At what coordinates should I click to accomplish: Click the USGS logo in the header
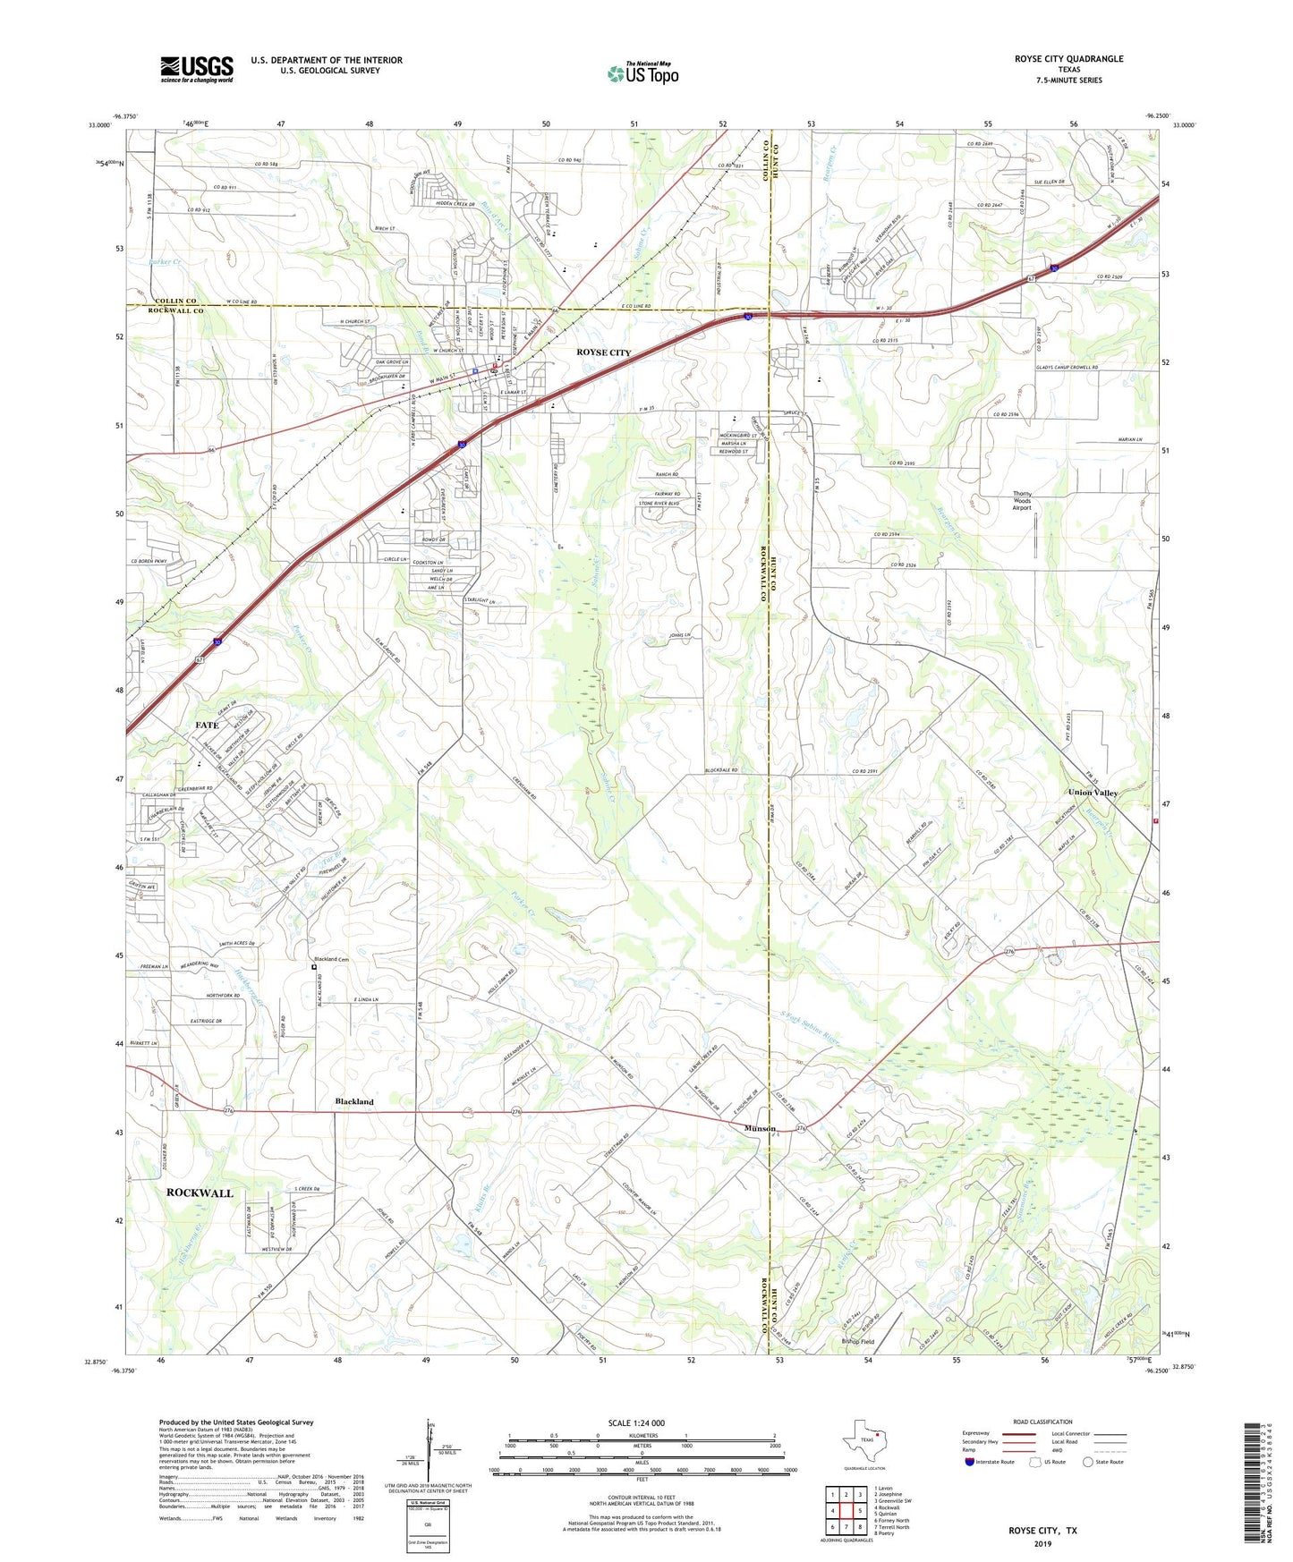click(197, 69)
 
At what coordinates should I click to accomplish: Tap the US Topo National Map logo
click(642, 73)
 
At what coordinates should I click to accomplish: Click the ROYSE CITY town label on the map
click(603, 352)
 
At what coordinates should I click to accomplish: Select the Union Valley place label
click(1093, 793)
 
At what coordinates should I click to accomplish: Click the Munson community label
click(760, 1129)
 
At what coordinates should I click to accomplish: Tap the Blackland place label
click(354, 1101)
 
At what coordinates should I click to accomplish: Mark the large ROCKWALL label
click(200, 1193)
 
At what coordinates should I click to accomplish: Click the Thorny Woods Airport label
click(1022, 500)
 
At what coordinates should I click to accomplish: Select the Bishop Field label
click(857, 1342)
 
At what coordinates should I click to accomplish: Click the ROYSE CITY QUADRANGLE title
click(1068, 59)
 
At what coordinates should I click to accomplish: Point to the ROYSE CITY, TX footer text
click(1042, 1531)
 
